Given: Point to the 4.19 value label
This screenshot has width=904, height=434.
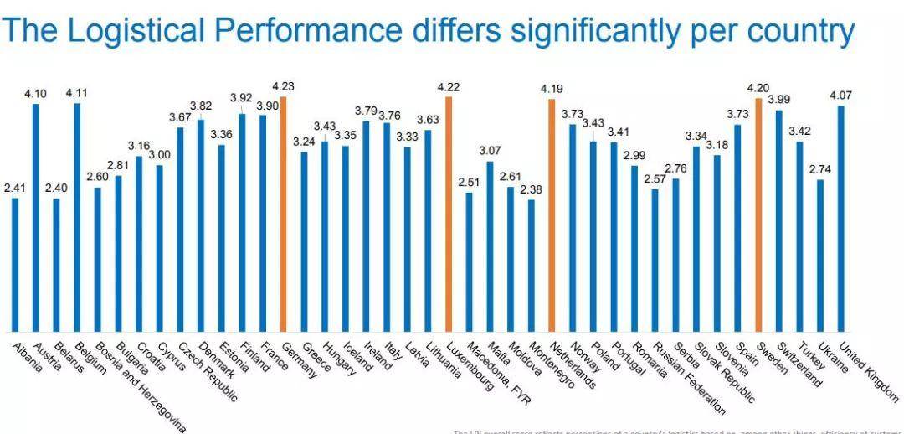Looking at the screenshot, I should click(x=552, y=89).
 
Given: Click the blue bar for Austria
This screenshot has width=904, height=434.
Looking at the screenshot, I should click(x=36, y=218).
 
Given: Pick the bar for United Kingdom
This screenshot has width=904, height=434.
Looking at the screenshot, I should click(x=840, y=218).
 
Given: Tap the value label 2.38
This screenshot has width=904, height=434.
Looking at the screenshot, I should click(x=531, y=189).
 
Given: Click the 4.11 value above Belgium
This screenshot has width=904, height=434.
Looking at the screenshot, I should click(x=77, y=93).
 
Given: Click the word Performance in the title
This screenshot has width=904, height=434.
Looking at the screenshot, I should click(x=308, y=31).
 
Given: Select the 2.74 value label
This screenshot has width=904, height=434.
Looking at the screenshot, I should click(x=820, y=169).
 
